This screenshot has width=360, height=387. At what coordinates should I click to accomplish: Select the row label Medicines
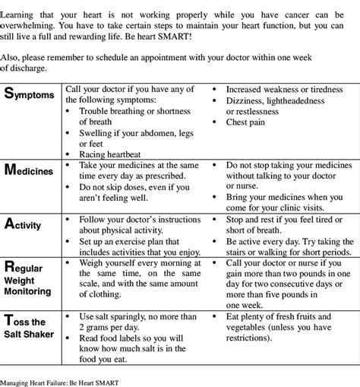pyautogui.click(x=30, y=170)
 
